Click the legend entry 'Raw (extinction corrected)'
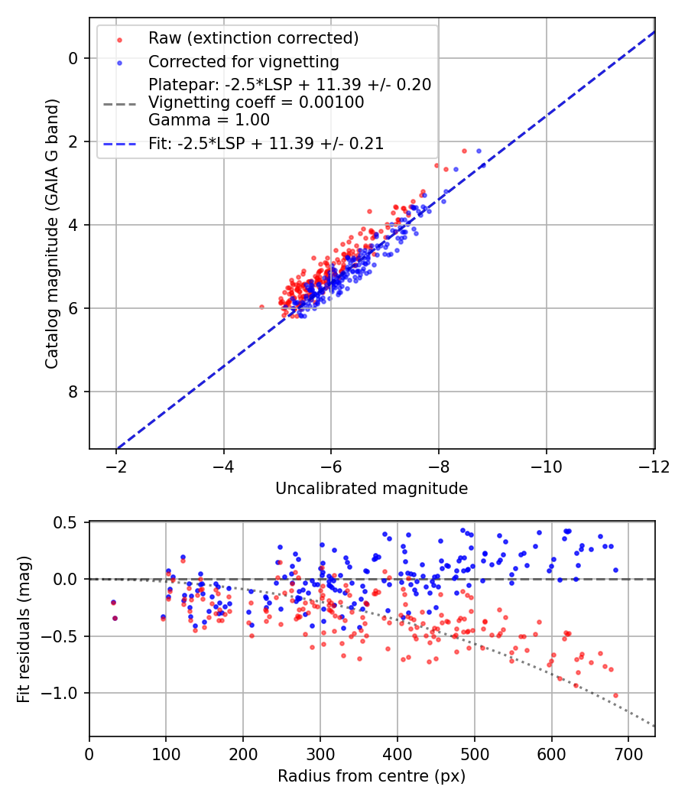[253, 38]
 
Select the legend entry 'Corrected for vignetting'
[243, 61]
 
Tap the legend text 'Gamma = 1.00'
[209, 119]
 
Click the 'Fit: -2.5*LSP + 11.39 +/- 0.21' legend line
[265, 142]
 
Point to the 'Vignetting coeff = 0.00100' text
[256, 102]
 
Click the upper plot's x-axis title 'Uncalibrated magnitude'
[372, 488]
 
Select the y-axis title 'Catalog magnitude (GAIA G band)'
[52, 232]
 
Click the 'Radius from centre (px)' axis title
[372, 776]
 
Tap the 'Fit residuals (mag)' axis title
[24, 629]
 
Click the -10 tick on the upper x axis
[546, 466]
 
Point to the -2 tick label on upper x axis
[116, 466]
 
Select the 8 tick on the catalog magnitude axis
[73, 392]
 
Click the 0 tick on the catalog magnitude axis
[73, 58]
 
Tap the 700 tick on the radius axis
[628, 754]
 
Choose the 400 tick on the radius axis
[397, 754]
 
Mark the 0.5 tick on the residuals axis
[70, 522]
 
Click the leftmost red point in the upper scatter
[261, 307]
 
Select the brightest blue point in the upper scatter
[479, 151]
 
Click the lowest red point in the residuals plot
[615, 695]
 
